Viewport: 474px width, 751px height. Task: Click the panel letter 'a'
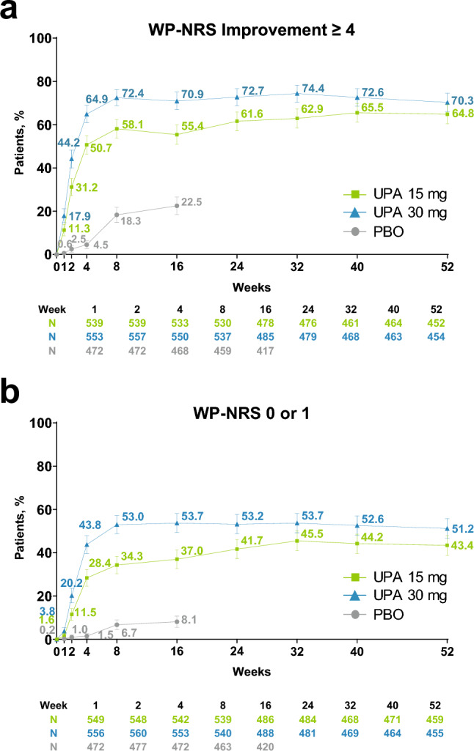pos(10,12)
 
